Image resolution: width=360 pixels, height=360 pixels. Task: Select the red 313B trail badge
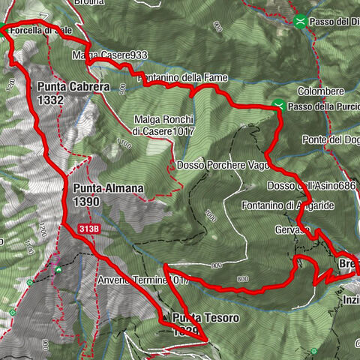coord(89,228)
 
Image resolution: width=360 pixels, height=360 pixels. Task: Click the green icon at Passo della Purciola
coord(278,106)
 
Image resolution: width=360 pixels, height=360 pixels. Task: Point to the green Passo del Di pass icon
coord(301,22)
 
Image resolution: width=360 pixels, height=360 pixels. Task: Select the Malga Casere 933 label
coord(109,55)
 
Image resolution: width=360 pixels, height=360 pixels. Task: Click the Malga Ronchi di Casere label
coord(164,125)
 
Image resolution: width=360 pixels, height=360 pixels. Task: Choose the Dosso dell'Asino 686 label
coord(311,185)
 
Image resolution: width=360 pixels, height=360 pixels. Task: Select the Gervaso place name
coord(292,228)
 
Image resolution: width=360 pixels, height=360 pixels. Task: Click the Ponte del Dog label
coord(331,139)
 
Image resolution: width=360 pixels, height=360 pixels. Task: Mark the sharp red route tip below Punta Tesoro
coord(205,340)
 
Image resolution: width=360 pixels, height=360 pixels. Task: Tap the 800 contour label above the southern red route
coord(242,279)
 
